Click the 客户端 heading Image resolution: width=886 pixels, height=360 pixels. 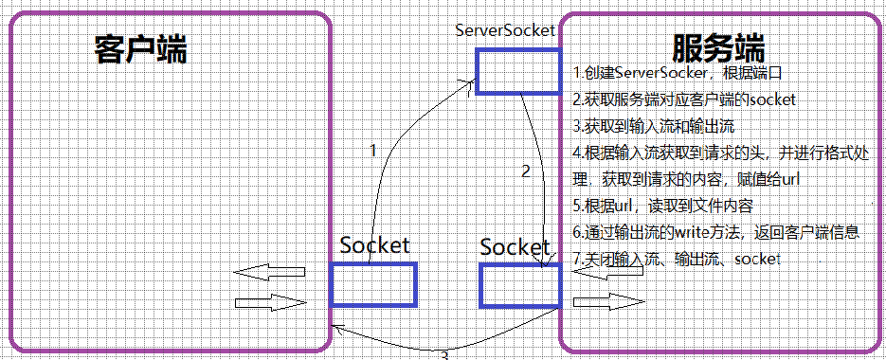[x=140, y=49]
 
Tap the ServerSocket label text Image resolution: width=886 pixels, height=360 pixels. [x=504, y=30]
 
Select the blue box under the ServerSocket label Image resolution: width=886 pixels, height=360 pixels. [x=516, y=72]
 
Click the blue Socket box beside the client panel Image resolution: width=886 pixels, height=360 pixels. [x=373, y=284]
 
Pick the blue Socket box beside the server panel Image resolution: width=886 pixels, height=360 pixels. [x=519, y=285]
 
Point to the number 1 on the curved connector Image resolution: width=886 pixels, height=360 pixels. [x=372, y=150]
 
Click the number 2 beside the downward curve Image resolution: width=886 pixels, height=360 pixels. [x=526, y=171]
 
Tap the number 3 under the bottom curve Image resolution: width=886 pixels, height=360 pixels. [x=443, y=355]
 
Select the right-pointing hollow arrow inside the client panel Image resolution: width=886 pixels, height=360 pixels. [x=270, y=303]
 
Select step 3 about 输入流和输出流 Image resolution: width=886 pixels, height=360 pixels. [x=655, y=125]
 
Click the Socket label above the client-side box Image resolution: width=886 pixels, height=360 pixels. [x=375, y=245]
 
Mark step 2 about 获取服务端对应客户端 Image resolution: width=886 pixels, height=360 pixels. [x=683, y=99]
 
